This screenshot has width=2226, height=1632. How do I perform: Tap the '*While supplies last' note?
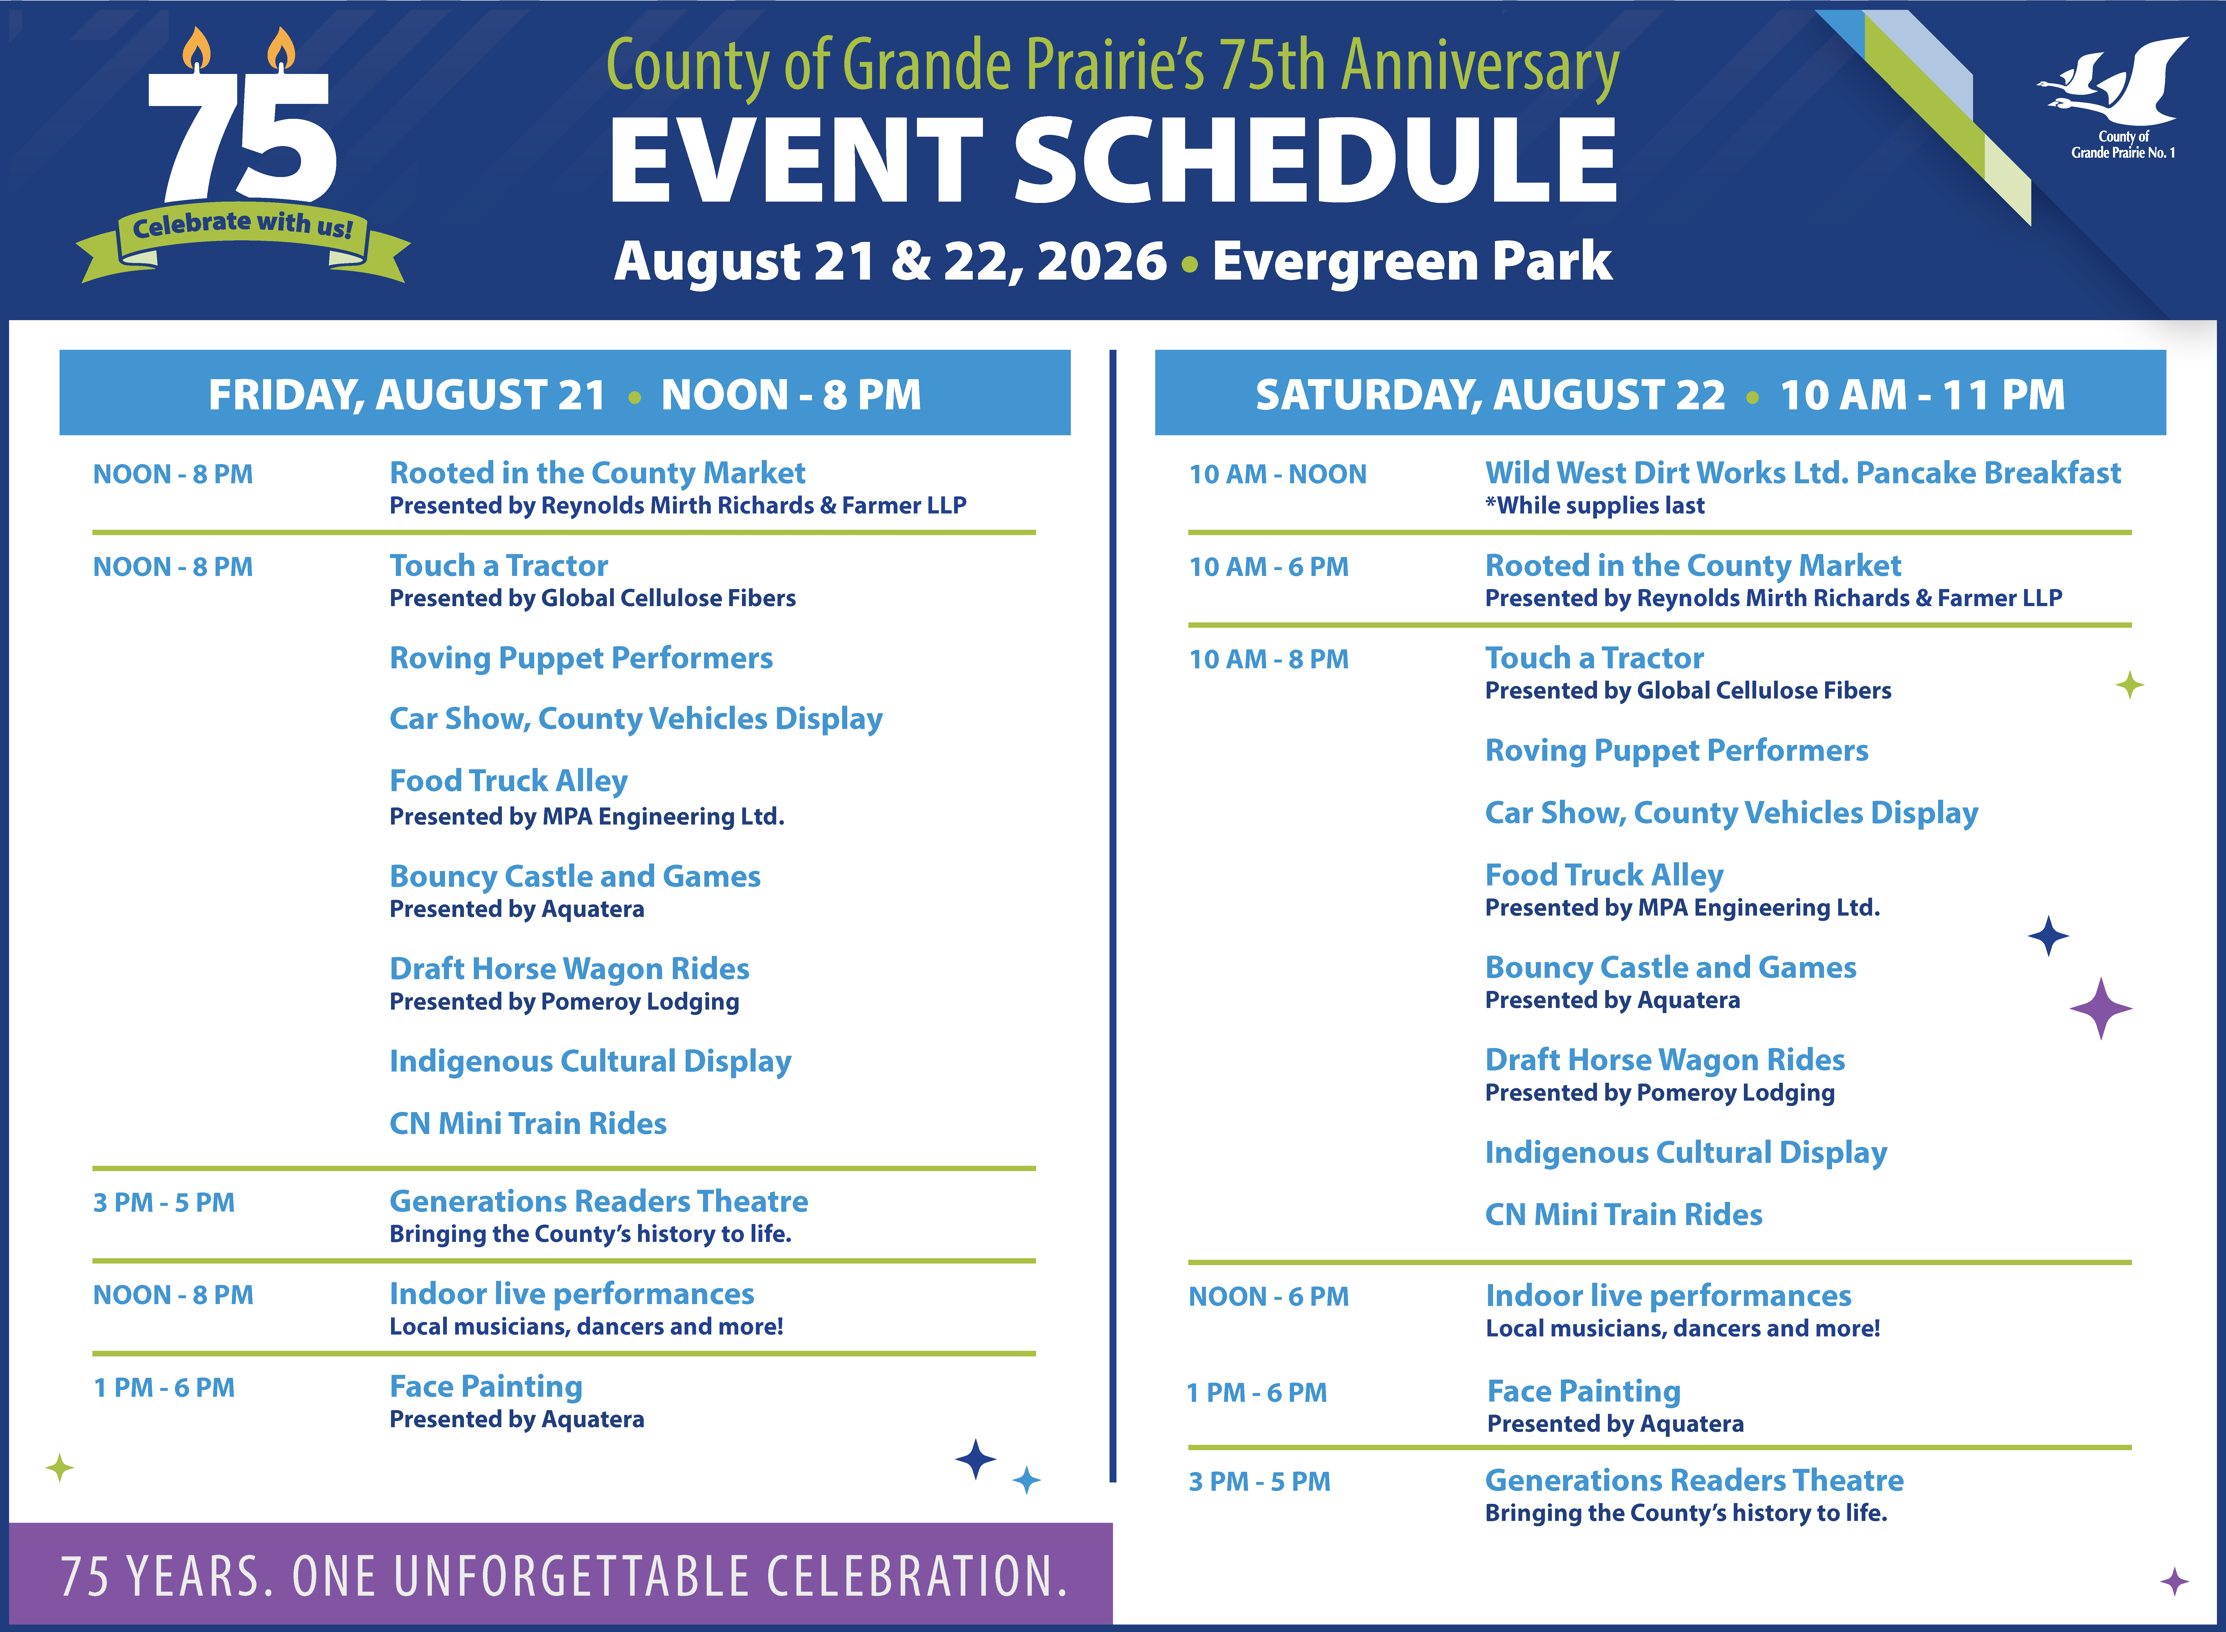point(1595,506)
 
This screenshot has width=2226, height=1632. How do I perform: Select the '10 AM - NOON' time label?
point(1278,474)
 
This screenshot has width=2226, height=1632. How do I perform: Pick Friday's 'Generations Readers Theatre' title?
point(599,1201)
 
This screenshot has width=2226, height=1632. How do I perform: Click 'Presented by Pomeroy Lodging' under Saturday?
point(1660,1093)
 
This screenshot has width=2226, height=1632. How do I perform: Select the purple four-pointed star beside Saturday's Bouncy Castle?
point(2100,1009)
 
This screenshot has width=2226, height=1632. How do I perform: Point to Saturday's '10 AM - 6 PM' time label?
point(1269,567)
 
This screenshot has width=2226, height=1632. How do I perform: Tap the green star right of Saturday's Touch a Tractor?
point(2130,685)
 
